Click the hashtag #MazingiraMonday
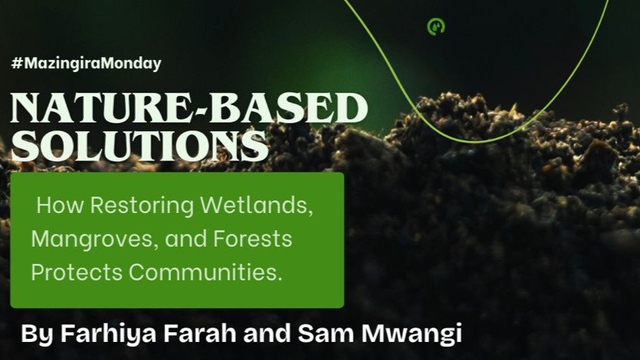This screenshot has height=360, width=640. [x=86, y=64]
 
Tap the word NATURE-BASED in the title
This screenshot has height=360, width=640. [x=189, y=109]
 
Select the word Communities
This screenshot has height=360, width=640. [x=203, y=273]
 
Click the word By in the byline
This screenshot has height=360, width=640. [x=32, y=334]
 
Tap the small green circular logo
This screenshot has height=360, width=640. [x=436, y=26]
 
